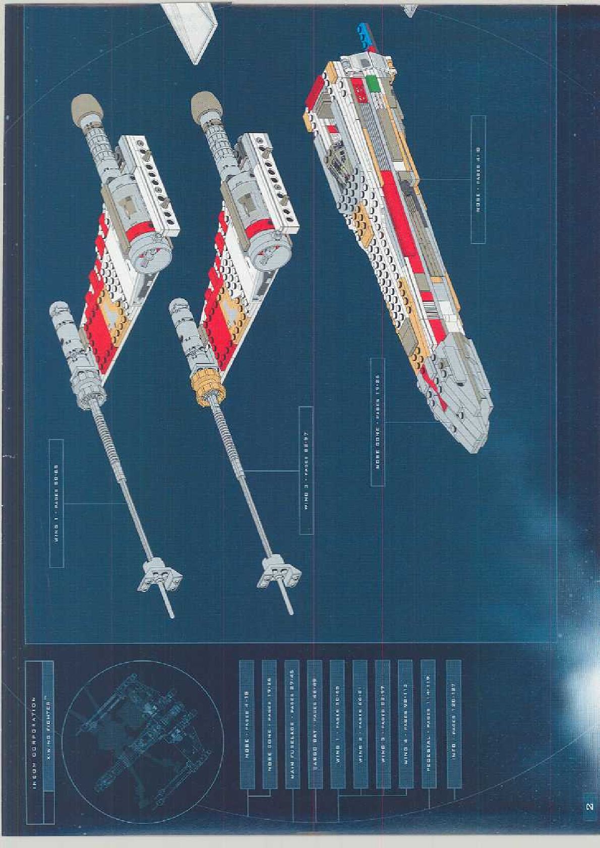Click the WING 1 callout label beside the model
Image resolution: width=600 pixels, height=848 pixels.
coord(56,503)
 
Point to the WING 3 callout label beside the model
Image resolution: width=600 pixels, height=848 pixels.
coord(306,470)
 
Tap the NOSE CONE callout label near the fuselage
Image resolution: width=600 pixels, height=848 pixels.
coord(378,422)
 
